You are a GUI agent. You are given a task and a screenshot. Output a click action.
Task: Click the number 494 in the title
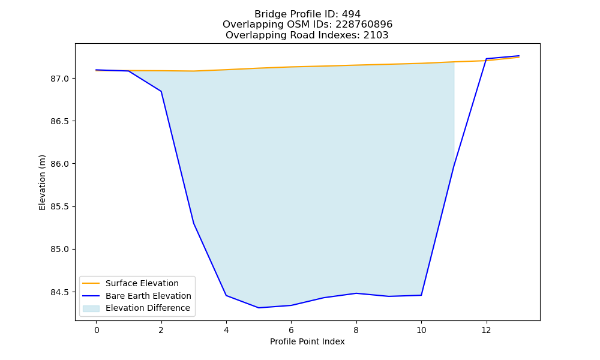point(351,14)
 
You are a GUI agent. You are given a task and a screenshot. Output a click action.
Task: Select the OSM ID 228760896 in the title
point(364,25)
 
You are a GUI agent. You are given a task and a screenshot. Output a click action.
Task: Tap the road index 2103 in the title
point(376,35)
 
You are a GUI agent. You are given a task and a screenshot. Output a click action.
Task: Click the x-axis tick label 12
point(486,330)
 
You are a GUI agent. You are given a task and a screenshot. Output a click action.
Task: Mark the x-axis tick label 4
point(226,330)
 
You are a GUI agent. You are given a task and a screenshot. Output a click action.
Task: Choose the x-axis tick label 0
point(97,330)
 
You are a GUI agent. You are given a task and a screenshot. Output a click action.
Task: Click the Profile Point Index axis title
point(307,341)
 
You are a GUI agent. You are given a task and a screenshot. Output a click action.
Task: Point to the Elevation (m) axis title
point(42,182)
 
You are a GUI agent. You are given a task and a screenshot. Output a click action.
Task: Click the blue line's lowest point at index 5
point(259,308)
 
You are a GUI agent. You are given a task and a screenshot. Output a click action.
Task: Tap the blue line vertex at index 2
point(161,91)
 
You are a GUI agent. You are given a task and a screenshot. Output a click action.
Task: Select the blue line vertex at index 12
point(487,59)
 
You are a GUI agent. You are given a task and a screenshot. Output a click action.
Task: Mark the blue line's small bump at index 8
point(356,293)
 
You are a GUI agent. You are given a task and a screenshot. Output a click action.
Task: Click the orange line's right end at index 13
point(519,57)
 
